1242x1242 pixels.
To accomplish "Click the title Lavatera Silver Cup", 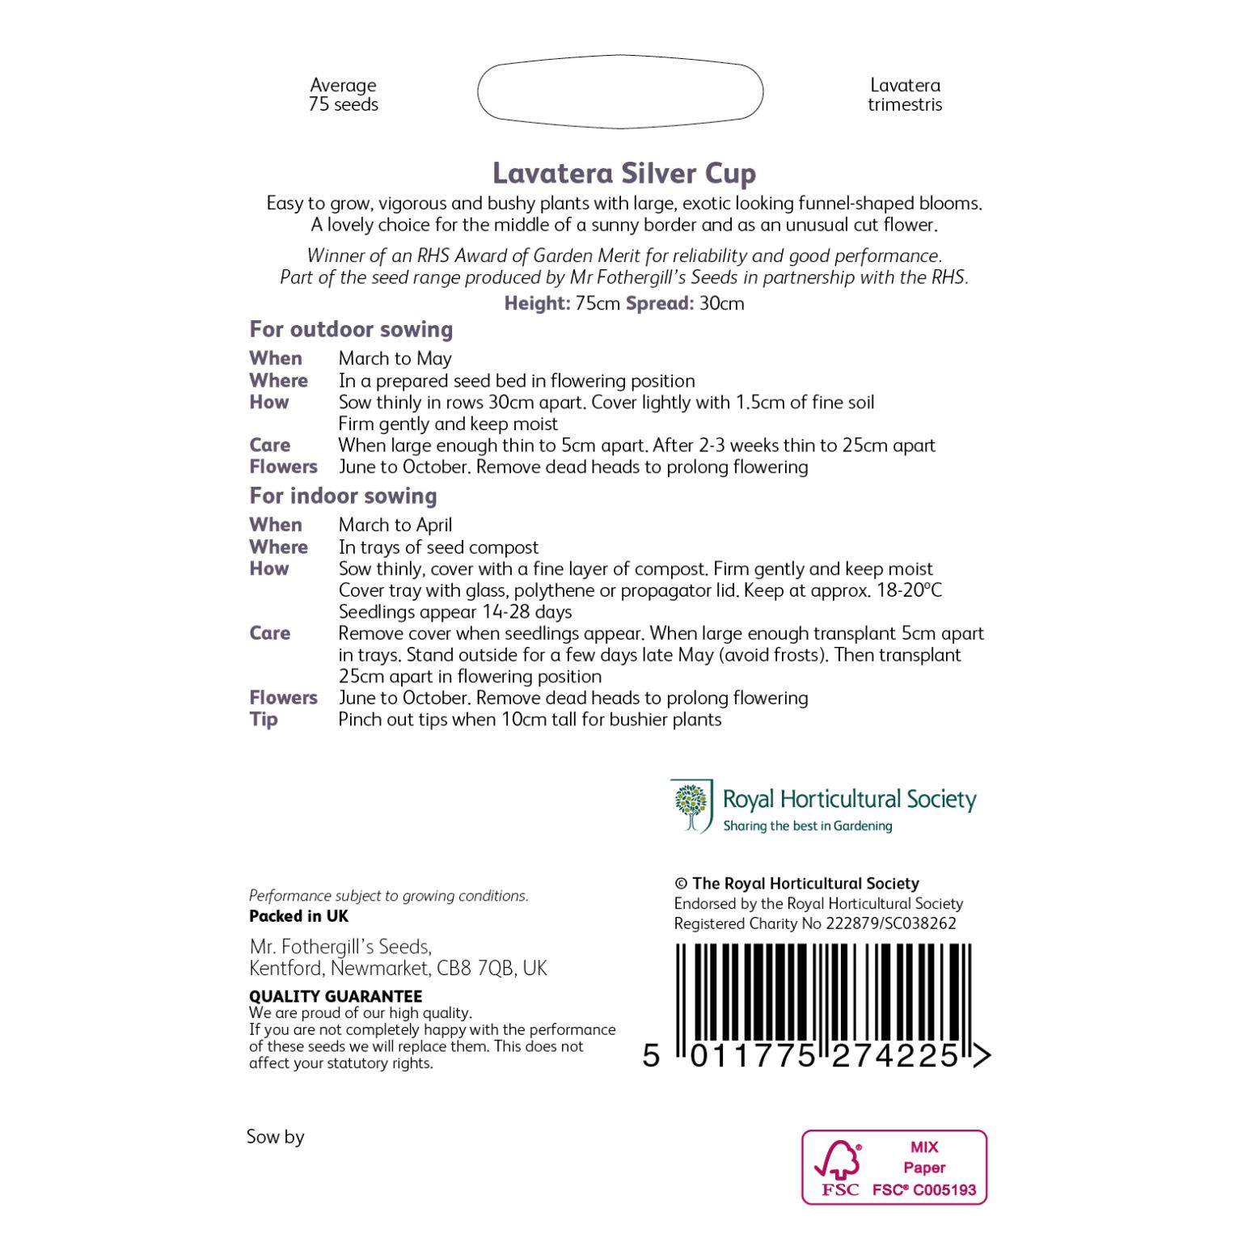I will point(623,173).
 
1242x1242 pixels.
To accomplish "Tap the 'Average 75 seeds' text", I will point(343,95).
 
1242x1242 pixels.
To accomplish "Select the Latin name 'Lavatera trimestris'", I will point(904,95).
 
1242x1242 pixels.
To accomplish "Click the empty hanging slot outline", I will point(620,91).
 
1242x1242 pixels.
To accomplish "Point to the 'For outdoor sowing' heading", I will point(351,329).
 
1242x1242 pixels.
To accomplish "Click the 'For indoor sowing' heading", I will point(343,496).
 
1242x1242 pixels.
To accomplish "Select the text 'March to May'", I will point(395,358).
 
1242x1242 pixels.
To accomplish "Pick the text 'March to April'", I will point(395,525).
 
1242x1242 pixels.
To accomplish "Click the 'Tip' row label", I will point(264,719).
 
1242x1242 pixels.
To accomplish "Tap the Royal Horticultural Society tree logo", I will point(691,805).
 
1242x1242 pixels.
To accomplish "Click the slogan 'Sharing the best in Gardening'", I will point(807,826).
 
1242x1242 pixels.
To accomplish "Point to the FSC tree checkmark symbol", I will point(839,1160).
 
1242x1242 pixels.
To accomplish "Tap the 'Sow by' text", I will point(275,1137).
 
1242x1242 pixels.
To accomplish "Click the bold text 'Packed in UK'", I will point(298,916).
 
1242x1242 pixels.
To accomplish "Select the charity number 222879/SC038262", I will point(890,923).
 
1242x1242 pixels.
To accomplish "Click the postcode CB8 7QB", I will point(475,968).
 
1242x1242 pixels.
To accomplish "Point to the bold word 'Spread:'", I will point(659,303).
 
